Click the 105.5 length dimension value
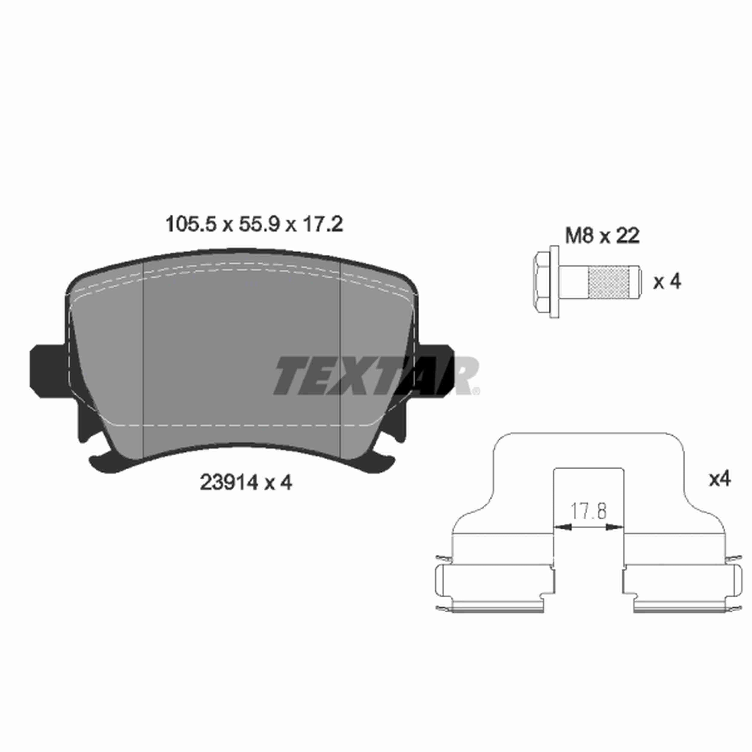190,225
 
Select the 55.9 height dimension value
259,225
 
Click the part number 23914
229,483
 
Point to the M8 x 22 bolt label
602,236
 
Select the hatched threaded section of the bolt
609,282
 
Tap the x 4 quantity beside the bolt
667,282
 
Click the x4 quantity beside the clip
720,479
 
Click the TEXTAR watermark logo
376,376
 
